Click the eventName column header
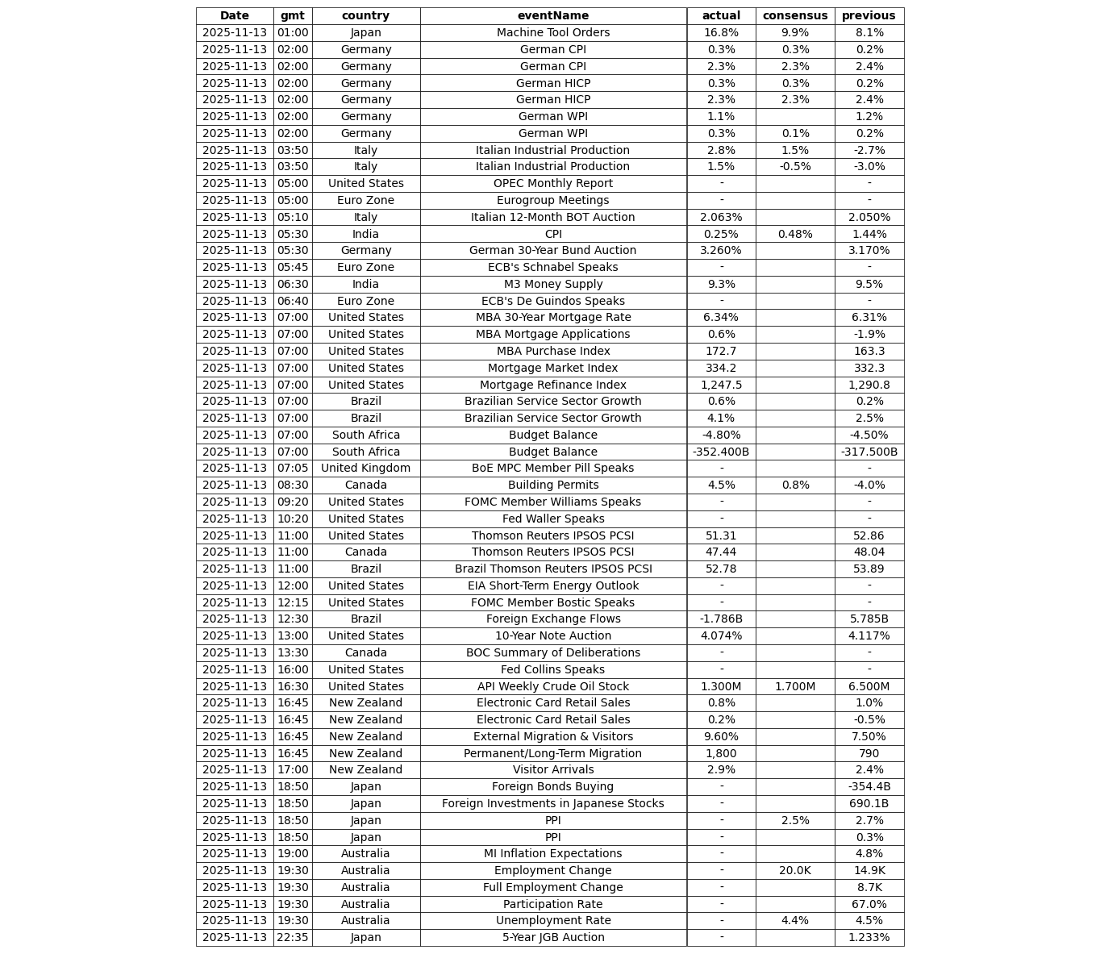pos(553,16)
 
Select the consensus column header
pos(795,16)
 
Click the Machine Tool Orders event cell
pos(553,33)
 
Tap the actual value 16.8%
pos(721,33)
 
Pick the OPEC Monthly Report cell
pos(553,184)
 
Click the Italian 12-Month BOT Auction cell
pos(553,217)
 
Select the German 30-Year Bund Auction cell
pos(553,251)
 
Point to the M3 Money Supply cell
pos(553,284)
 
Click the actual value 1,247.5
pos(721,385)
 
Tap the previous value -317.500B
pos(869,452)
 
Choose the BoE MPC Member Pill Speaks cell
pos(553,469)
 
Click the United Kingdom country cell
pos(366,469)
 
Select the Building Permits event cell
pos(553,485)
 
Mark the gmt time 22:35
pos(293,938)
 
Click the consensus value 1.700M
pos(795,686)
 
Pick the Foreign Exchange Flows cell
pos(553,619)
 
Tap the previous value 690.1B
pos(869,804)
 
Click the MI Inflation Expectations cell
pos(553,854)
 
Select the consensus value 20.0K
pos(795,871)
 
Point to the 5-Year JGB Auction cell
pos(553,938)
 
